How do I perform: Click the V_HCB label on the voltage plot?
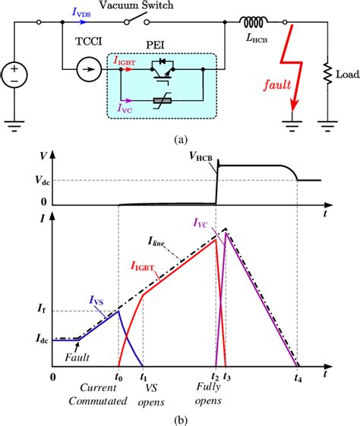pos(201,156)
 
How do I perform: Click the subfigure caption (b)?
pos(179,417)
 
